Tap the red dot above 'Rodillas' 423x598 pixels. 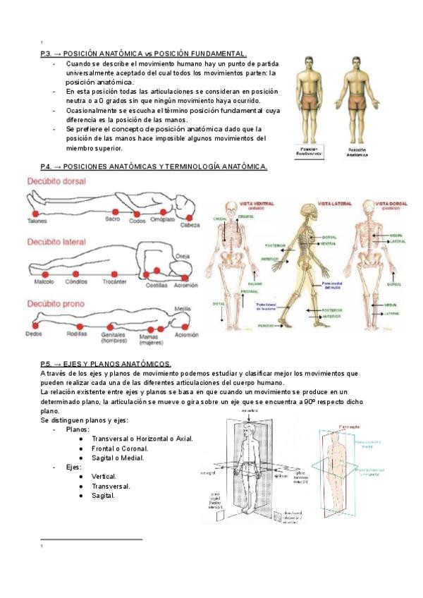coord(80,326)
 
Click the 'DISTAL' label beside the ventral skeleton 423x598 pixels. coord(219,304)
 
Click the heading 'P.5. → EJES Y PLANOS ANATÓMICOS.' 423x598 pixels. coord(106,362)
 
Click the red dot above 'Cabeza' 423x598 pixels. coord(188,215)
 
